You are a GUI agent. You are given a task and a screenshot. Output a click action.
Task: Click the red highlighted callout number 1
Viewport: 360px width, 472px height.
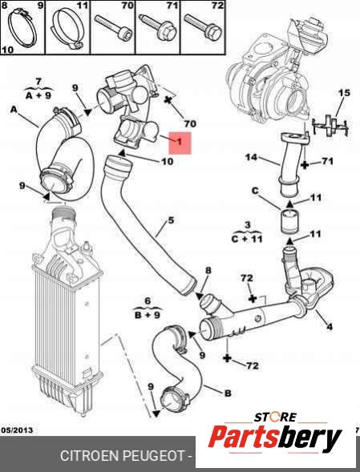coord(180,142)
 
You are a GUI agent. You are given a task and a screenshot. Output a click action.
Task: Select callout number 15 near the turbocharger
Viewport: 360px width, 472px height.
coord(344,93)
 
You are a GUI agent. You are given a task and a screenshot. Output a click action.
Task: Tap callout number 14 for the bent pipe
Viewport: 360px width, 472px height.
coord(251,157)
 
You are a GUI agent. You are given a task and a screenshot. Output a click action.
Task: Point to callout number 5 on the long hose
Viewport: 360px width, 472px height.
coord(171,220)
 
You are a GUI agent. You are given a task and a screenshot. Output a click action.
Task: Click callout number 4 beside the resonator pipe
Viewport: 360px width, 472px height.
coord(330,327)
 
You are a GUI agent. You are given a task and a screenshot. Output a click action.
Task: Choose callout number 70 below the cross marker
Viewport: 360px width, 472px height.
coord(190,123)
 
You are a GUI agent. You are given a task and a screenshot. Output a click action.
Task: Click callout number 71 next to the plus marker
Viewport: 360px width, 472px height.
coord(328,161)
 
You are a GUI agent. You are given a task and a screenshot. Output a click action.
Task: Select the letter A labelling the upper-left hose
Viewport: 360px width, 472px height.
coord(14,110)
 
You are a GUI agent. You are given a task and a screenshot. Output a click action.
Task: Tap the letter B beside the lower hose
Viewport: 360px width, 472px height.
coord(228,393)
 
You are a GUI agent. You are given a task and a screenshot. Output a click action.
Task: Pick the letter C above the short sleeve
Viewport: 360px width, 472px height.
coord(255,191)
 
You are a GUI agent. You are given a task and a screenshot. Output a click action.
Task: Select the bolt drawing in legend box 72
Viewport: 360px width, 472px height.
coord(203,27)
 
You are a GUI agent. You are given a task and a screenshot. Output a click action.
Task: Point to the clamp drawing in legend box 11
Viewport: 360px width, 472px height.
coord(67,30)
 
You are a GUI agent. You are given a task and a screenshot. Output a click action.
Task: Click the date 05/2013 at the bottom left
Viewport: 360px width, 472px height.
coord(17,430)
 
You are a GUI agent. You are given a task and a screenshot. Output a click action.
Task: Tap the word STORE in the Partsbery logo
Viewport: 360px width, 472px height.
coord(275,418)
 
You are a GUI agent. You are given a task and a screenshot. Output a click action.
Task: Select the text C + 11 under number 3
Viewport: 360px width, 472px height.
coord(247,239)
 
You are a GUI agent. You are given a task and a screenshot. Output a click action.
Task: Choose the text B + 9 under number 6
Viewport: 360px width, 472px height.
coord(148,315)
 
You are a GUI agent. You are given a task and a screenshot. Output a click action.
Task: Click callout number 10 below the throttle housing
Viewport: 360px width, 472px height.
coord(168,161)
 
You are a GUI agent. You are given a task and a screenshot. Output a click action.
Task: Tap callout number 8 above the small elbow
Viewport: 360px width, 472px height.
coord(208,270)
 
